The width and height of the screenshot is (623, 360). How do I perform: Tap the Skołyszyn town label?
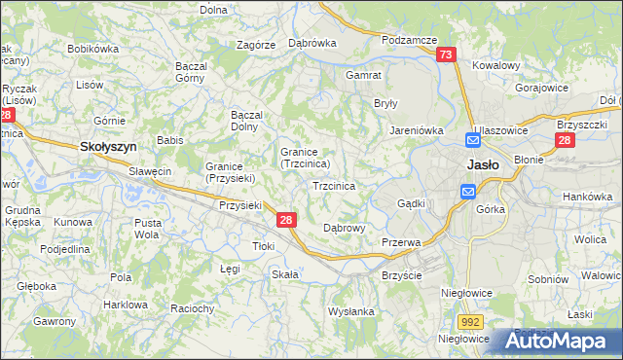click(107, 146)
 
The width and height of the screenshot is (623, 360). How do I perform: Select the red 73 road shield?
click(446, 56)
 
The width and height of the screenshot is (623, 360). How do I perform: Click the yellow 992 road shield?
click(472, 319)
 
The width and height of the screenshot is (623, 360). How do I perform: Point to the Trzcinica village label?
click(333, 185)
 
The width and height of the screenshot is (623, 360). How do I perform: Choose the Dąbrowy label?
click(344, 228)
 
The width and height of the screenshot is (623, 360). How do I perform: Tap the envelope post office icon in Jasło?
click(468, 193)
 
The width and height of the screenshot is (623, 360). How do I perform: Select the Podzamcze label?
click(408, 40)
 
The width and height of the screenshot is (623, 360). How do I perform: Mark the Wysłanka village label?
click(351, 311)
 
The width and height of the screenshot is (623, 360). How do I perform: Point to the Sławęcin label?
click(151, 171)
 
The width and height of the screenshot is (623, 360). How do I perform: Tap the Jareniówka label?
click(418, 128)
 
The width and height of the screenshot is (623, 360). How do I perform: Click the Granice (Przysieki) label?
click(231, 172)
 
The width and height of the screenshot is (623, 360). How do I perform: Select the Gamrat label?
click(363, 74)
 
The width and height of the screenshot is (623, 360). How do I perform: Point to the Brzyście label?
click(401, 275)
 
